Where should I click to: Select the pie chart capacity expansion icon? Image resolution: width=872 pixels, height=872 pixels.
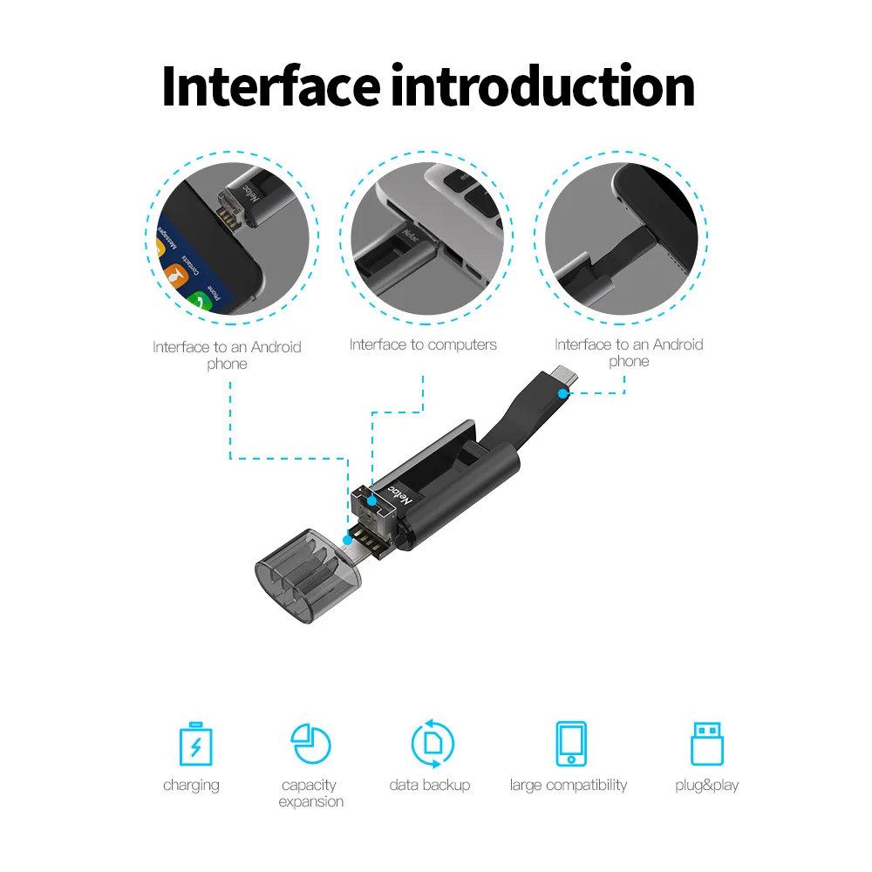(x=311, y=744)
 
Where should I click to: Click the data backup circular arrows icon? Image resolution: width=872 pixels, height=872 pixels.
(x=433, y=744)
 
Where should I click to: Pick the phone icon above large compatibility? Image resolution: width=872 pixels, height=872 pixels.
(x=570, y=744)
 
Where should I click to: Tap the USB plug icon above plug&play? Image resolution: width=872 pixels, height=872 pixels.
(x=706, y=744)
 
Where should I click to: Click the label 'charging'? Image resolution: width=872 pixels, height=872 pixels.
(x=191, y=785)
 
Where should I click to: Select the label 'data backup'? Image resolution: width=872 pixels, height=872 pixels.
(x=430, y=785)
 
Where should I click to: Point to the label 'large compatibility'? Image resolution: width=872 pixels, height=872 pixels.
(x=569, y=785)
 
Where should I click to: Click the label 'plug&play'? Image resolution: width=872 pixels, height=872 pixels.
(x=706, y=785)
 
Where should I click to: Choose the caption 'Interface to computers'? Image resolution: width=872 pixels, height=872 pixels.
(x=423, y=344)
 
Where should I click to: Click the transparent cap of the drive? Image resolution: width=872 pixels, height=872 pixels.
(x=305, y=576)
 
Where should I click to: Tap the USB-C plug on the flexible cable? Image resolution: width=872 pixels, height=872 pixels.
(x=563, y=378)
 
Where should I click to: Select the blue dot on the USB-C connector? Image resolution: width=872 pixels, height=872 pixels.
(x=565, y=393)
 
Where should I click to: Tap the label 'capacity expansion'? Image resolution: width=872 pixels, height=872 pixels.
(x=311, y=794)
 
